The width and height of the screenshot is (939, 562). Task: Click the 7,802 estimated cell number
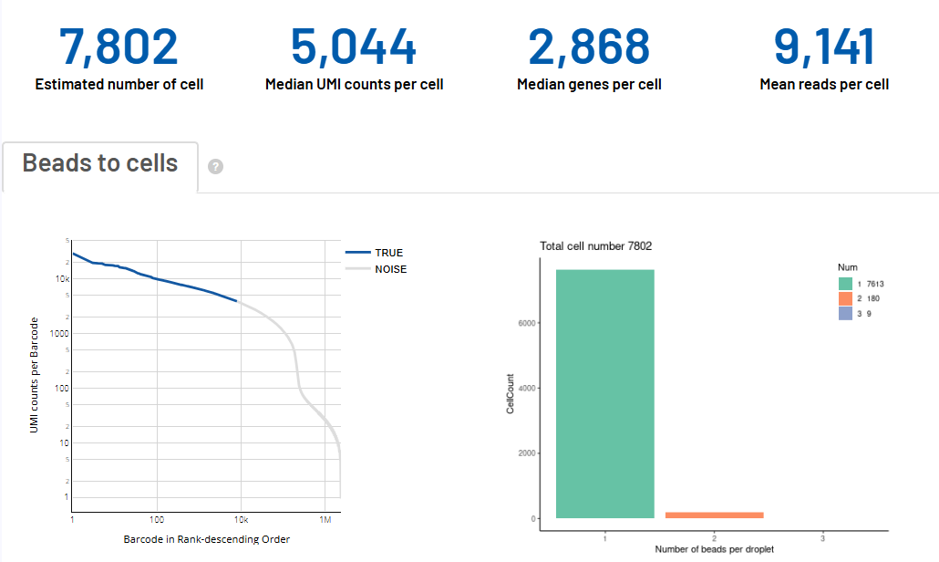(119, 47)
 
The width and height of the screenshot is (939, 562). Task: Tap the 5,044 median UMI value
(354, 47)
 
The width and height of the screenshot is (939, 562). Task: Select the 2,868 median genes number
(589, 47)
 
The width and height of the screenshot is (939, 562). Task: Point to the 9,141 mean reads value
(824, 47)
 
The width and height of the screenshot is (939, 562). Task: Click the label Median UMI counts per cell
(354, 85)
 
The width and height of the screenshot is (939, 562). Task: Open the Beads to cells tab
(100, 164)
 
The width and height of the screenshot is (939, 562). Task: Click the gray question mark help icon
(216, 167)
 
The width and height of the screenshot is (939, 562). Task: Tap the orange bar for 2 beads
(714, 515)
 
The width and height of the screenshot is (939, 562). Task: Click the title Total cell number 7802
(595, 246)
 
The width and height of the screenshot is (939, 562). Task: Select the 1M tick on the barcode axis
(325, 519)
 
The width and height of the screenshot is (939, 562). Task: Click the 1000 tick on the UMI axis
(57, 334)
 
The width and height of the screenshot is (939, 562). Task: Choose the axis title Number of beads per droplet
(714, 548)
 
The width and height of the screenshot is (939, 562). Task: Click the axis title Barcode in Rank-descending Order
(206, 539)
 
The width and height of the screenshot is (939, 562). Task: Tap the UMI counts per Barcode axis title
(35, 375)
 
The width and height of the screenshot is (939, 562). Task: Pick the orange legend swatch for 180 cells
(845, 298)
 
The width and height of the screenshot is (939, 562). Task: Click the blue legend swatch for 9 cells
(845, 313)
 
